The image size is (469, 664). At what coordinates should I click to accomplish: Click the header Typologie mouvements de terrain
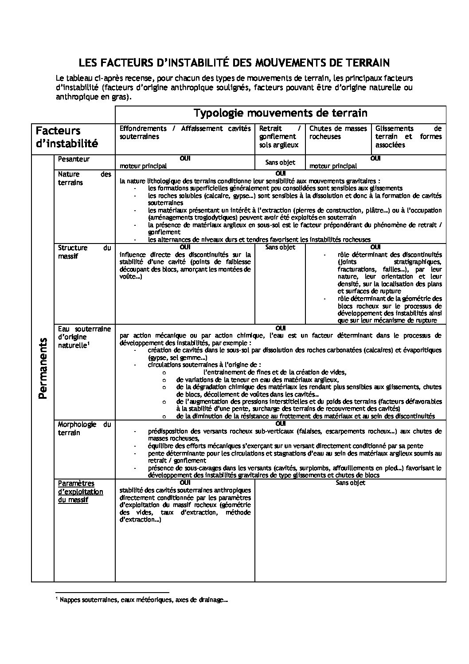pos(281,113)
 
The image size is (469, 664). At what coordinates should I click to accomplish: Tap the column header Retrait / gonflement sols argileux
pos(280,137)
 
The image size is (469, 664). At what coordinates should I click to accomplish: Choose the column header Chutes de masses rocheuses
pos(338,132)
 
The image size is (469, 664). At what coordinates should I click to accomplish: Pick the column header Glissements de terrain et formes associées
pos(408,137)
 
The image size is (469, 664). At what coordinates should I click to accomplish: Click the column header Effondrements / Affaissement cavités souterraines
pos(185,132)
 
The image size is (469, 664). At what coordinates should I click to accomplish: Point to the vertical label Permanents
pos(43,368)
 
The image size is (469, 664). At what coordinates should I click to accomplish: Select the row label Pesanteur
pos(74,159)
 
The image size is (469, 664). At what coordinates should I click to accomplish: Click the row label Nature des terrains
pos(84,178)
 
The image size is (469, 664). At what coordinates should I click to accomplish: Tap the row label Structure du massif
pos(84,252)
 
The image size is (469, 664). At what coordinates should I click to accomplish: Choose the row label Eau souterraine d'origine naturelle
pos(84,337)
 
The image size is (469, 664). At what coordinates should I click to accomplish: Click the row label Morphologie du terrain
pos(84,428)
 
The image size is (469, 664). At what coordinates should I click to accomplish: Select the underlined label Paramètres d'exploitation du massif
pos(80,491)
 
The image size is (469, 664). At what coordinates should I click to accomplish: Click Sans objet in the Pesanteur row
pos(280,162)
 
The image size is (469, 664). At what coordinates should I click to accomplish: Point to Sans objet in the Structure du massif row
pos(280,247)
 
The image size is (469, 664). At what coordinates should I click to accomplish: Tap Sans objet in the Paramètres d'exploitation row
pos(350,483)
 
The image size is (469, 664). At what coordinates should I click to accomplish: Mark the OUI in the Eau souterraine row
pos(281,329)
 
